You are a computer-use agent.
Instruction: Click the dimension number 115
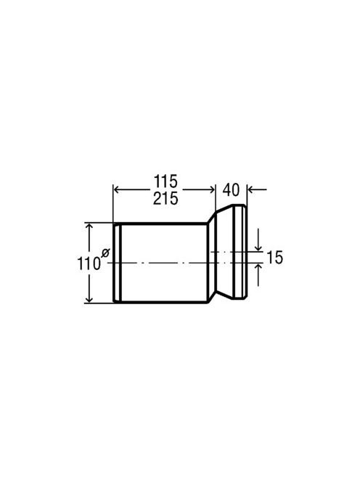click(x=165, y=181)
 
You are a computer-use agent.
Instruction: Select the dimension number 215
click(x=165, y=199)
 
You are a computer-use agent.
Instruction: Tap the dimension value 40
click(x=231, y=190)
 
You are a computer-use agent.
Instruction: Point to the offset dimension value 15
click(x=274, y=257)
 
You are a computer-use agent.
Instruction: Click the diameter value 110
click(x=89, y=264)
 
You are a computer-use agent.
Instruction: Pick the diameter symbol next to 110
click(x=105, y=253)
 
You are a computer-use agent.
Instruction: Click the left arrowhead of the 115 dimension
click(x=117, y=189)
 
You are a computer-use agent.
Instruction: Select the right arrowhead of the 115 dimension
click(x=211, y=189)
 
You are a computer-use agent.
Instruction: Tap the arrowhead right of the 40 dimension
click(x=251, y=189)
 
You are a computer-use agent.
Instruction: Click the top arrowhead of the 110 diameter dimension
click(x=89, y=227)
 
